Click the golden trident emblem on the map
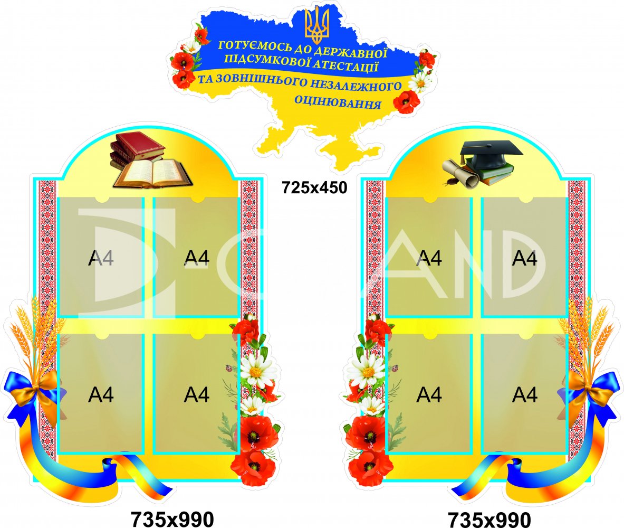[x=316, y=26]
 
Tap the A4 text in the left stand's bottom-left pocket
[x=101, y=395]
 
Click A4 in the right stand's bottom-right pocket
[x=525, y=395]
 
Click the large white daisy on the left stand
[x=258, y=370]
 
